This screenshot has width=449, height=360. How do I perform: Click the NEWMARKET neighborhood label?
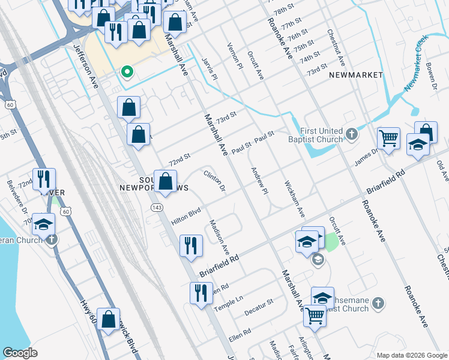click(x=356, y=75)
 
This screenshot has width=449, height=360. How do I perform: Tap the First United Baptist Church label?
click(x=322, y=136)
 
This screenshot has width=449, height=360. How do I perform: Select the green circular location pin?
click(x=127, y=72)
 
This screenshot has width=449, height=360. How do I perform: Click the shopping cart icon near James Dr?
click(x=388, y=139)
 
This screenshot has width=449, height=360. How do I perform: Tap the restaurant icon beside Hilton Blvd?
click(x=191, y=245)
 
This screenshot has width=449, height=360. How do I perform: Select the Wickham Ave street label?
click(x=295, y=199)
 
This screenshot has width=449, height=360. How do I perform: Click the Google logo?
click(x=20, y=353)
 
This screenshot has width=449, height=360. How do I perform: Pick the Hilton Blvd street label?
click(x=185, y=214)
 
